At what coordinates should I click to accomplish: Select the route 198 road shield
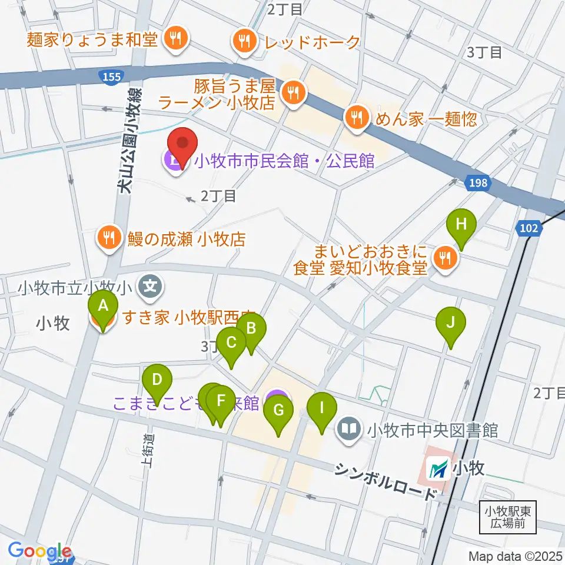pyautogui.click(x=478, y=183)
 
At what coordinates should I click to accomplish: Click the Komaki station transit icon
pyautogui.click(x=439, y=468)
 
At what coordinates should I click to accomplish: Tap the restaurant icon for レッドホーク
pyautogui.click(x=244, y=41)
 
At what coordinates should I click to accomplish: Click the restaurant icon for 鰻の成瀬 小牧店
pyautogui.click(x=108, y=238)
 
